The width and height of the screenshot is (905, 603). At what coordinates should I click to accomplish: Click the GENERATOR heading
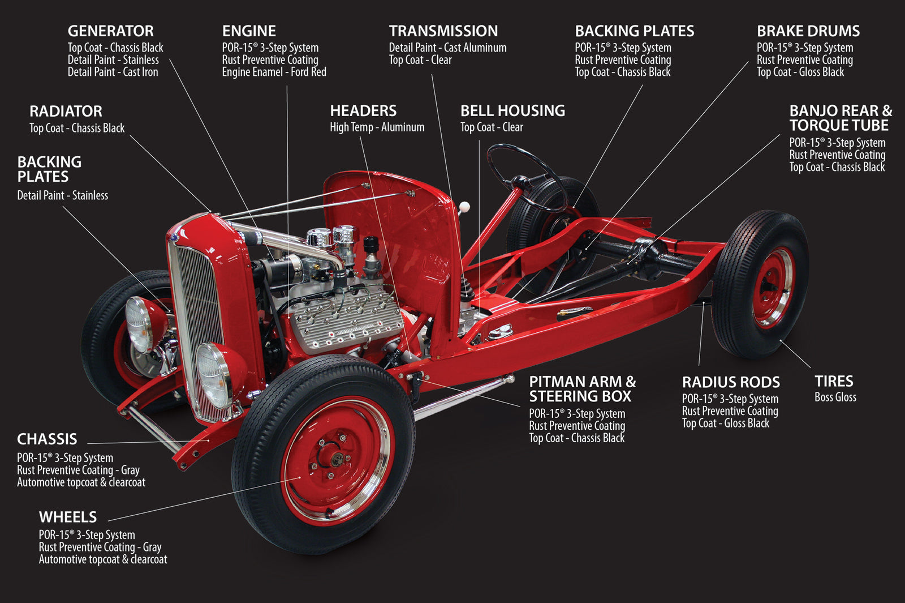110,31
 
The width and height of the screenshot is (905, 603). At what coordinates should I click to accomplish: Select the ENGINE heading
249,31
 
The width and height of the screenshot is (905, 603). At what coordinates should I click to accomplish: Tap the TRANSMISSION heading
443,31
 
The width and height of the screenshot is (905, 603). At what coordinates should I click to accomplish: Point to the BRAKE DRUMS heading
808,31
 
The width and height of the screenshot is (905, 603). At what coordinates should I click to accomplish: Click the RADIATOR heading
66,112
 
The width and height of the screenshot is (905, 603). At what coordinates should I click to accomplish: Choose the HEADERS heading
363,111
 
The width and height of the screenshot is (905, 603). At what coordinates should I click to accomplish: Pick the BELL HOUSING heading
512,111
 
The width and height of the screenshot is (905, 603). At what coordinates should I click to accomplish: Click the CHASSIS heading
47,439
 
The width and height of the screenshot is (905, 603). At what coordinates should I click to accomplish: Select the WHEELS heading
68,518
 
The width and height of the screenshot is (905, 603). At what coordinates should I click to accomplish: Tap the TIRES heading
834,382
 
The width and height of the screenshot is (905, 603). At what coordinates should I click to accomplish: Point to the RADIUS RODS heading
731,383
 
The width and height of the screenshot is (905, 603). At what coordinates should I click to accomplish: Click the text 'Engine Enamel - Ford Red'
274,72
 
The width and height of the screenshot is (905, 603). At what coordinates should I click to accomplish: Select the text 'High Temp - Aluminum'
377,127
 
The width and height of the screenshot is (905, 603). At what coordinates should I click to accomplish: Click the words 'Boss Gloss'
835,397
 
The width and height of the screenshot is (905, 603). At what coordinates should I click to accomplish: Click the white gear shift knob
464,207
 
